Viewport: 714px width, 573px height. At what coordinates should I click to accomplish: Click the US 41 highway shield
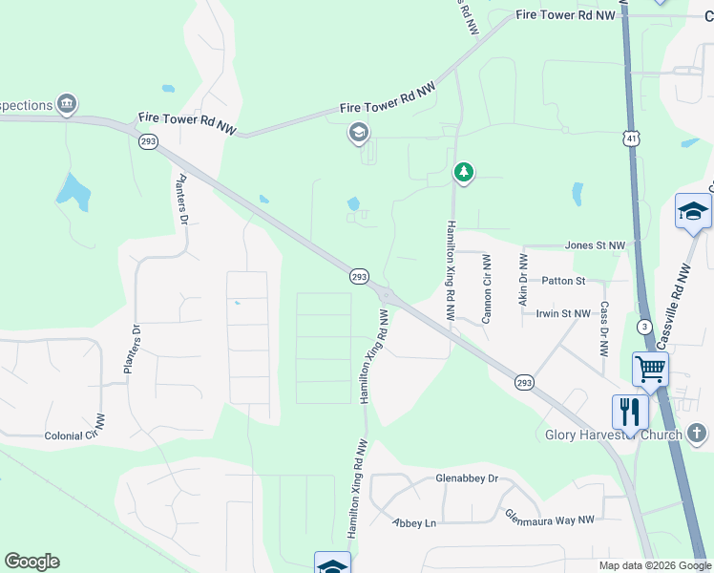coord(632,139)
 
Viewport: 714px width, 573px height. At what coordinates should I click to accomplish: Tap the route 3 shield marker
coord(645,327)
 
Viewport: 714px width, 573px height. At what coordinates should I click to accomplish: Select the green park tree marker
coord(464,173)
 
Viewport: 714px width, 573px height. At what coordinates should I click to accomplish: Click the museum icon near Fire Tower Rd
coord(66,103)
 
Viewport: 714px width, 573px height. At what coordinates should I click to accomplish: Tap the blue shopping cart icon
coord(650,368)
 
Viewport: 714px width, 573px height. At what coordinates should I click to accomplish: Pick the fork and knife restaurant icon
coord(630,412)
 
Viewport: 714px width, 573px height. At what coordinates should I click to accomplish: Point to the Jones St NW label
coord(594,245)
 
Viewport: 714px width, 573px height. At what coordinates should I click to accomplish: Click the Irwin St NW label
coord(563,313)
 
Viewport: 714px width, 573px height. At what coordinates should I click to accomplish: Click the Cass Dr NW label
coord(604,329)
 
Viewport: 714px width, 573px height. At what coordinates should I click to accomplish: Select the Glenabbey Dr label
coord(467,478)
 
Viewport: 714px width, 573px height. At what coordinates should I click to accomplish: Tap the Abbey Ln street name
coord(414,522)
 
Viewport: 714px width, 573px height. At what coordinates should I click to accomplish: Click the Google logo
coord(31,562)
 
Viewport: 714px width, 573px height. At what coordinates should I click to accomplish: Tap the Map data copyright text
coord(654,565)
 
